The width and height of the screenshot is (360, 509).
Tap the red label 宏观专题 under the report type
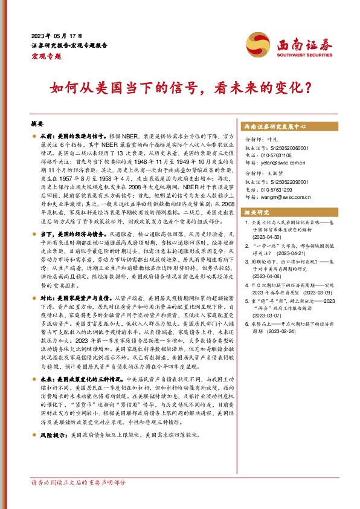tap(46, 56)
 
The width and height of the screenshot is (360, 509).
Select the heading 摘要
tap(38, 123)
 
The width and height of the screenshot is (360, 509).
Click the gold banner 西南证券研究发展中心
tap(275, 127)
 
